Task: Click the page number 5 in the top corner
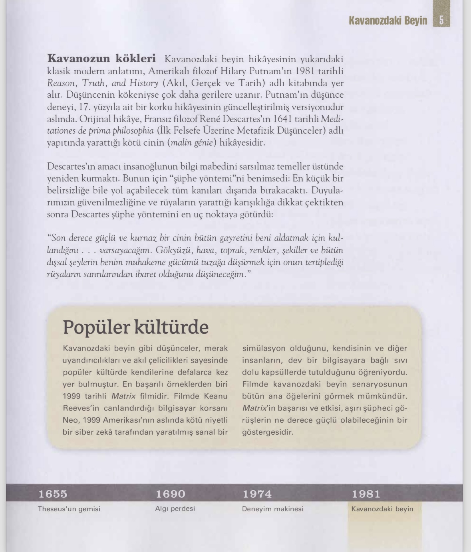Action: coord(441,20)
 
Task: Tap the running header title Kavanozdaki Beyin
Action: coord(388,20)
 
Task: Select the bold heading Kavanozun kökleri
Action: coord(101,59)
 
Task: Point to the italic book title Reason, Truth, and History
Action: coord(103,83)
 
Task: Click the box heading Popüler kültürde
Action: coord(136,327)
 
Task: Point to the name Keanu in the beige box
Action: coord(216,396)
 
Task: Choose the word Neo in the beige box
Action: coord(70,420)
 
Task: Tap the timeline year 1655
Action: coord(53,494)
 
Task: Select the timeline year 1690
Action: coord(171,494)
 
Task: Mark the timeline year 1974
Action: coord(257,494)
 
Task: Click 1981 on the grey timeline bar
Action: coord(366,494)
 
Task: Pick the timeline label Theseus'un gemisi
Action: coord(69,509)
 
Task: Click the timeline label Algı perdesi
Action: coord(175,509)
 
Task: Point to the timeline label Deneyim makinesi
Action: coord(272,509)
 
